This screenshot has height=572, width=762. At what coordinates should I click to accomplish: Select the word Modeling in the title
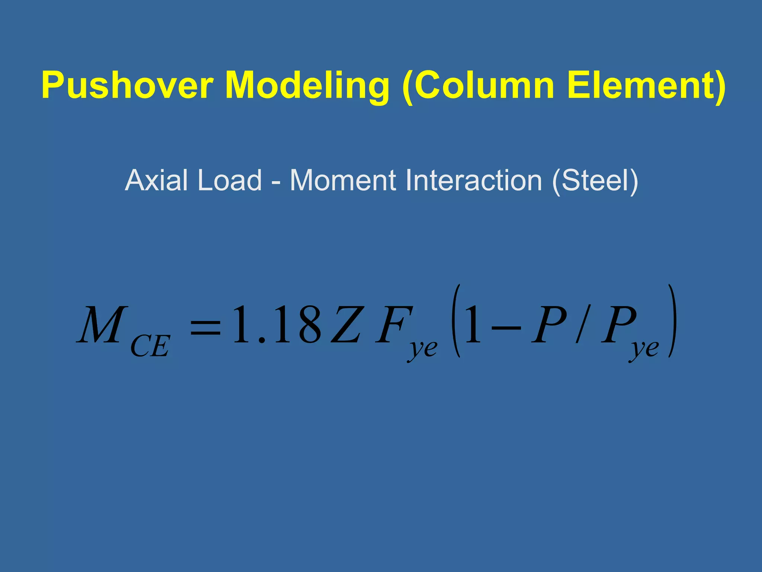click(307, 86)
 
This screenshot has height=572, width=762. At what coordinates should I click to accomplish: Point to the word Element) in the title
click(646, 86)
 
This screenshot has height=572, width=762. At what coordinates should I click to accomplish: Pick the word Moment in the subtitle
click(342, 180)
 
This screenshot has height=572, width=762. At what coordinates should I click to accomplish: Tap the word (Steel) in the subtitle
click(595, 181)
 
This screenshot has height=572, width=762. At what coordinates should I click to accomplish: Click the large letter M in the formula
click(102, 324)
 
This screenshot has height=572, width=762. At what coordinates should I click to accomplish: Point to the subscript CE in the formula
click(150, 346)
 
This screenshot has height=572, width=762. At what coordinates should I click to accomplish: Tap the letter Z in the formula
click(346, 324)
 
